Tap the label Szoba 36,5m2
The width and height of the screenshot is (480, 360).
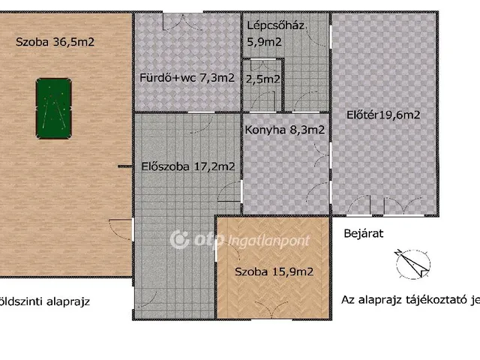click(55, 42)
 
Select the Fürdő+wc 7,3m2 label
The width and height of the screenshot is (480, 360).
click(187, 77)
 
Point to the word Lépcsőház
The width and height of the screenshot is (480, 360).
click(275, 25)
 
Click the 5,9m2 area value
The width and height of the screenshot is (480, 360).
click(264, 42)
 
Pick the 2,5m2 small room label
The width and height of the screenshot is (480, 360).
click(263, 78)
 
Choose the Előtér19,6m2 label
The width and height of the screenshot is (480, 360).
click(382, 115)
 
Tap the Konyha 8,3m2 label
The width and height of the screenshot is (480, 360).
click(285, 130)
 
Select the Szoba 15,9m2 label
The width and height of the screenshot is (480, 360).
click(274, 271)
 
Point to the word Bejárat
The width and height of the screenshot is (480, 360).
click(363, 233)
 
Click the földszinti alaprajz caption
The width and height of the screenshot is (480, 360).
click(45, 302)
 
